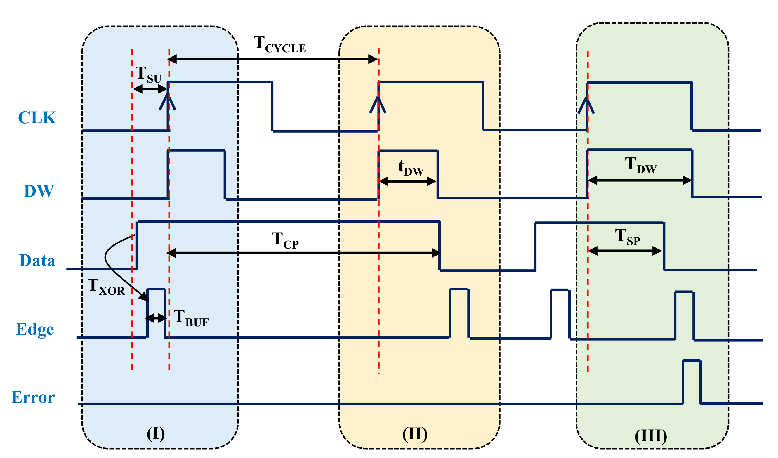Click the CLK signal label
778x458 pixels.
(x=37, y=118)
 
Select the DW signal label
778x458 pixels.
(x=39, y=191)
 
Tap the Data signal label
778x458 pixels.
(x=37, y=260)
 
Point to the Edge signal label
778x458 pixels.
(x=35, y=329)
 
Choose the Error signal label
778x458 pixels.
(x=33, y=398)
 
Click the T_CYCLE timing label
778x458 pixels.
(x=279, y=44)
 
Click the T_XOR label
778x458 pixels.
(x=106, y=287)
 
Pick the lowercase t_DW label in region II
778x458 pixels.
(x=411, y=168)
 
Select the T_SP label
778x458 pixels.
(x=627, y=237)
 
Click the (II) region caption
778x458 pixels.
(x=415, y=434)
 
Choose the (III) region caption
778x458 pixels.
(x=651, y=436)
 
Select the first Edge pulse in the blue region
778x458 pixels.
(x=156, y=312)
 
